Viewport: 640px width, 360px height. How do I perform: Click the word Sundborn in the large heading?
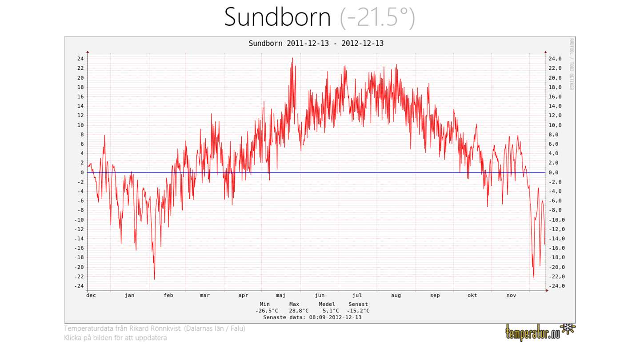[x=277, y=18]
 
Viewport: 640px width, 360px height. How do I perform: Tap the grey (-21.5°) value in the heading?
[x=377, y=18]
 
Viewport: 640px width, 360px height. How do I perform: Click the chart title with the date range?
[x=316, y=44]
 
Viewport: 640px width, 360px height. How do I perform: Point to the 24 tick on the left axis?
[x=80, y=59]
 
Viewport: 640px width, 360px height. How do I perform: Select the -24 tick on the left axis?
[x=79, y=286]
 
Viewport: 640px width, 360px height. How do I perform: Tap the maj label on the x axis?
[x=280, y=296]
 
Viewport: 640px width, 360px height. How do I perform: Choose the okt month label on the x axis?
[x=472, y=296]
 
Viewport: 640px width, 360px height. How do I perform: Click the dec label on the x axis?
[x=91, y=296]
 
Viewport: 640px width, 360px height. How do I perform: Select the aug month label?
[x=396, y=296]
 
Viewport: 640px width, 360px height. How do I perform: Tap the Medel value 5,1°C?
[x=331, y=311]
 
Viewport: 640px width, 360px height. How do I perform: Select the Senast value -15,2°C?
[x=358, y=311]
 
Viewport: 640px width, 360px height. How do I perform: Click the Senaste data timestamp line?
[x=312, y=317]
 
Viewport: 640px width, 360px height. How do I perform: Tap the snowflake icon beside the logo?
[x=568, y=329]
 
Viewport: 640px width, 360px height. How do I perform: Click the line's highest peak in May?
[x=292, y=58]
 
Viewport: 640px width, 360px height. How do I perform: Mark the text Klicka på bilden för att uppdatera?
[x=116, y=338]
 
